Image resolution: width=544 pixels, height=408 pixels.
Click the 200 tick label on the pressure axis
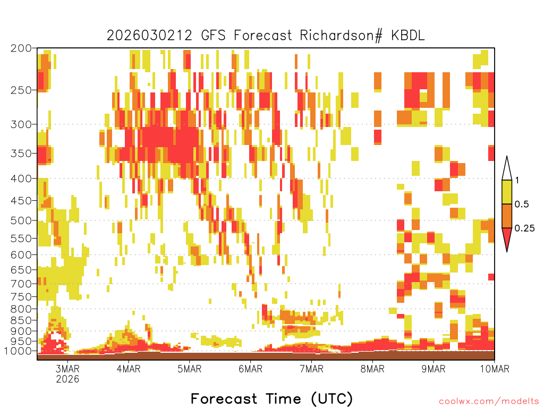[21, 48]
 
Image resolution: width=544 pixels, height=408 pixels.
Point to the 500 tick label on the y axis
[21, 220]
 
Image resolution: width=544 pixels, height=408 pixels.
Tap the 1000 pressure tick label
[18, 351]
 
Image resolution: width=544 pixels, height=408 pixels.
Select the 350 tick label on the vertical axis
[21, 154]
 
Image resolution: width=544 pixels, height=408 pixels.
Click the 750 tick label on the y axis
[21, 296]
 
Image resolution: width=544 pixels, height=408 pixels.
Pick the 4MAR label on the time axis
[129, 369]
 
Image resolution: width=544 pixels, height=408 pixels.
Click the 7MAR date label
[311, 369]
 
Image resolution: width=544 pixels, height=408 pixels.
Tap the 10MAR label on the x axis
[495, 369]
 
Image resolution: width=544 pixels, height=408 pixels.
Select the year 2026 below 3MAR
[67, 379]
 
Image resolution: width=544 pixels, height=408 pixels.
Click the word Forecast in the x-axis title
[224, 398]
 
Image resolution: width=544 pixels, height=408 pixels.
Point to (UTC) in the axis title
[331, 398]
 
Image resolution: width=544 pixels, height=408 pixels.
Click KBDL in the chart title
[407, 36]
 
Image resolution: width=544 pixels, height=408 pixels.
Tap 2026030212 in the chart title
[149, 36]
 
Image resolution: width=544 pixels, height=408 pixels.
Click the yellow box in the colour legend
[507, 192]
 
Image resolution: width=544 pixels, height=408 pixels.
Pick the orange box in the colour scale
[507, 216]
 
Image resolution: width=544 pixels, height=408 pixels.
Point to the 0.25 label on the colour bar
[524, 228]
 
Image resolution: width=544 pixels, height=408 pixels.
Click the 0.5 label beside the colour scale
[522, 205]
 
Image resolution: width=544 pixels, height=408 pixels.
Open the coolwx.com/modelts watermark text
[489, 402]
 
